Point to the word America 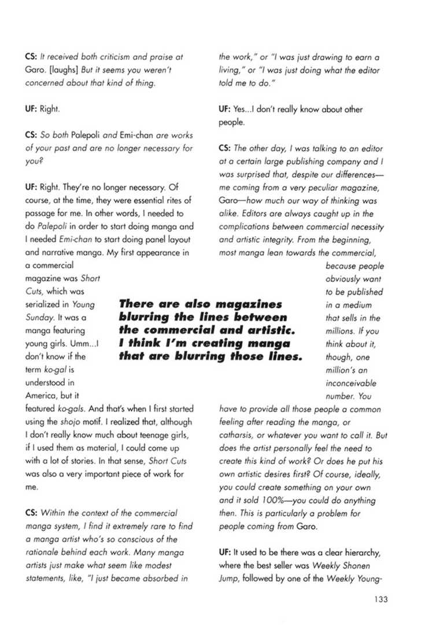[43, 396]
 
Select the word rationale [43, 552]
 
